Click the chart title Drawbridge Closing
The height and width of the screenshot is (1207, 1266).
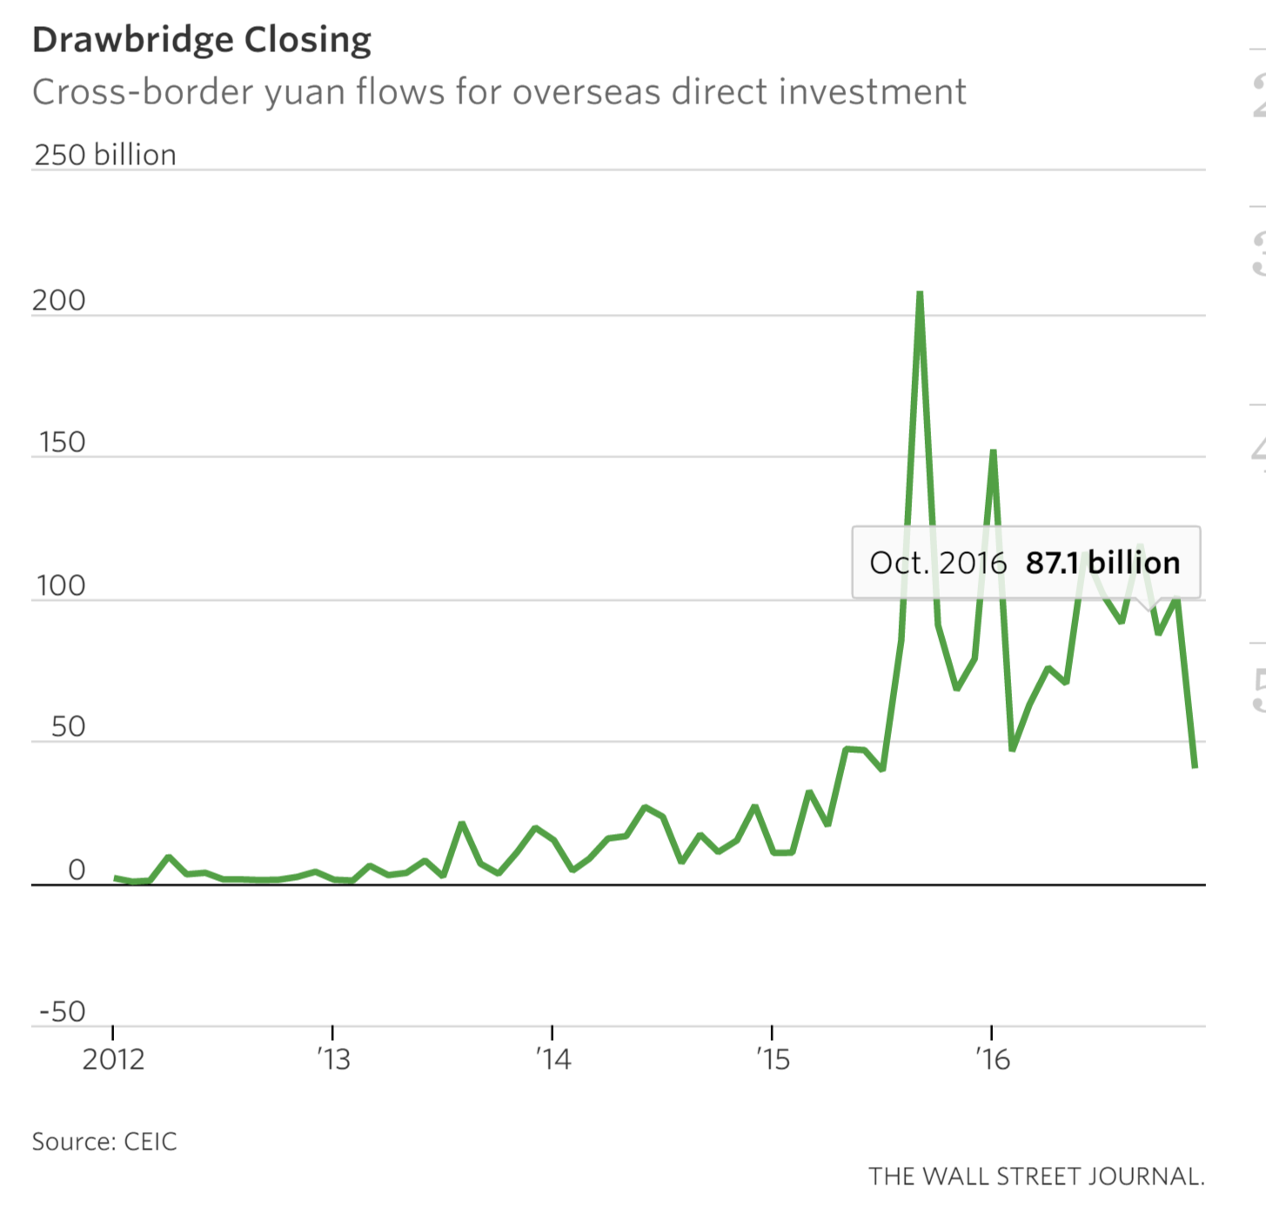coord(202,40)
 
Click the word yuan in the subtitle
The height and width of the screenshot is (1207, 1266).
coord(306,92)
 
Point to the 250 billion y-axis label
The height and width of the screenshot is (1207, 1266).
coord(105,155)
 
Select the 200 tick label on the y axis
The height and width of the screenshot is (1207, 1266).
coord(59,301)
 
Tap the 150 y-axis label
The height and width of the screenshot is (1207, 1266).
coord(61,443)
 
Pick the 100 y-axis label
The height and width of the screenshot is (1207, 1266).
coord(61,586)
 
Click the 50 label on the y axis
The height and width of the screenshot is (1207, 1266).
coord(68,727)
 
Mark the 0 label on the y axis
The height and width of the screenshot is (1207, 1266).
coord(77,870)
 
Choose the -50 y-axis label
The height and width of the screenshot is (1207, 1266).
coord(62,1011)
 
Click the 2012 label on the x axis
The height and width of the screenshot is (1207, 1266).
coord(113,1059)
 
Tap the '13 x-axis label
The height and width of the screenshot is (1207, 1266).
coord(332,1059)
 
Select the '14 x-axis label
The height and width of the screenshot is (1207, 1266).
coord(553,1059)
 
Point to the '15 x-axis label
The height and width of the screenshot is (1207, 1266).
coord(773,1059)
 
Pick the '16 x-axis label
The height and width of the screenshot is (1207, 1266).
coord(992,1059)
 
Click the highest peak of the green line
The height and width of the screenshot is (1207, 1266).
coord(920,294)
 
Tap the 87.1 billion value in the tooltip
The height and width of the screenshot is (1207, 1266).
coord(1102,563)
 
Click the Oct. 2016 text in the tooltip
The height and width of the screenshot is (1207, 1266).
coord(938,563)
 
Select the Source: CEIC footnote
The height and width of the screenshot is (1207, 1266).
coord(104,1142)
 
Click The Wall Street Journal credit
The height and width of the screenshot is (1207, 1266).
coord(1036,1177)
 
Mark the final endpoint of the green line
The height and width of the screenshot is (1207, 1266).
coord(1196,766)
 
